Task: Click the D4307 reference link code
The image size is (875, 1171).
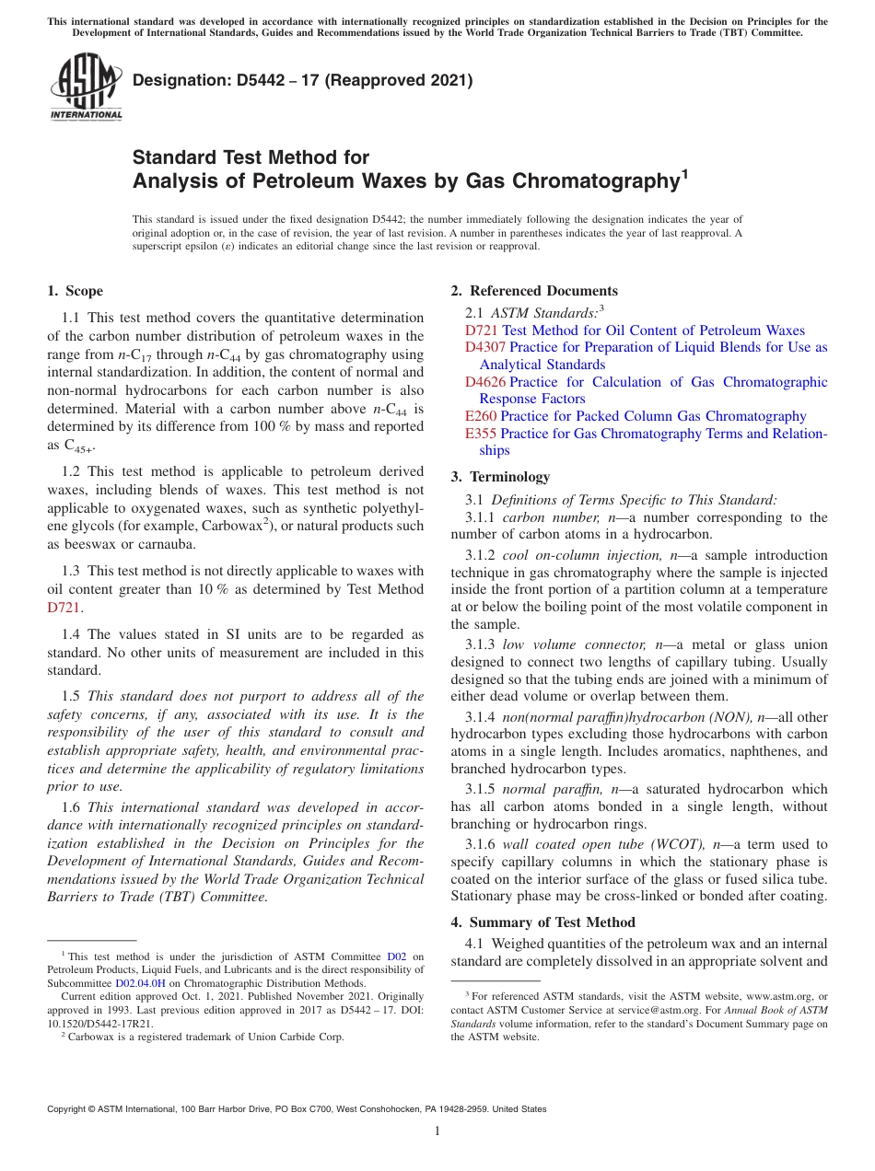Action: [485, 348]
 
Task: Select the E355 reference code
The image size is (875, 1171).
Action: [481, 434]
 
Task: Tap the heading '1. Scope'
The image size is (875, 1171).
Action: [76, 292]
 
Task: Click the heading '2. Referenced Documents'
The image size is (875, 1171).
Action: [534, 292]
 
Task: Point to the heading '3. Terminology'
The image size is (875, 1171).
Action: [500, 477]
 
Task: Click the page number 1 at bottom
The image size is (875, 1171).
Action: [437, 1131]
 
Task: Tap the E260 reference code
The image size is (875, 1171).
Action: [481, 416]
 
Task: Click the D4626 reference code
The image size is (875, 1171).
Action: [485, 382]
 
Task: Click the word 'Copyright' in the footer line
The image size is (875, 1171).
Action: [69, 1109]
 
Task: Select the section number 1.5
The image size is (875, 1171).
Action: [73, 697]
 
